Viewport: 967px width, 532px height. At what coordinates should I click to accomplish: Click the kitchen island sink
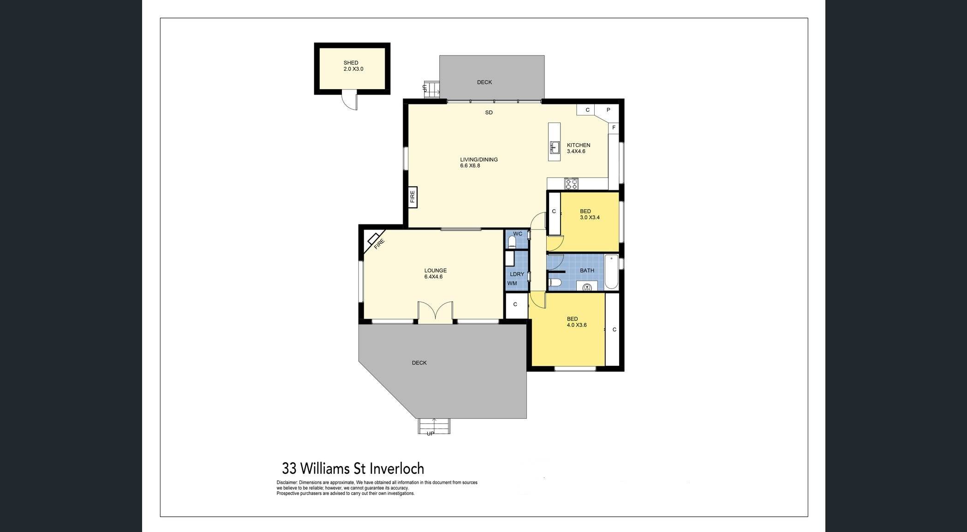[554, 147]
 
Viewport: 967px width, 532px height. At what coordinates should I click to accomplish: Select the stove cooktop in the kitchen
[571, 184]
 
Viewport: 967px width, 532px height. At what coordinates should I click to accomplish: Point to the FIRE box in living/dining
[412, 197]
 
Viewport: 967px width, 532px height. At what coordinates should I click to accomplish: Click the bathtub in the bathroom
[611, 272]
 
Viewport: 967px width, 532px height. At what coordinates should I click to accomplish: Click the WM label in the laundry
[512, 284]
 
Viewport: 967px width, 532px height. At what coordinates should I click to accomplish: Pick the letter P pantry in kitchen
[609, 110]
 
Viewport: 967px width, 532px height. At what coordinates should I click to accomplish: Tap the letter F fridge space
[614, 127]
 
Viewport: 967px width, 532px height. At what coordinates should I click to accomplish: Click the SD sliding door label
[489, 113]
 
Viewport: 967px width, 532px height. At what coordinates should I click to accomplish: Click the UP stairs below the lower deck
[433, 427]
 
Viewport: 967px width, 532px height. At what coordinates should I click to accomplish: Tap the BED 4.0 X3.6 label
[576, 322]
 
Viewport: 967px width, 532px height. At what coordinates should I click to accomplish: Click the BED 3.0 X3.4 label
[589, 214]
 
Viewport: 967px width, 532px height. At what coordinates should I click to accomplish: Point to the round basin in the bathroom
[587, 287]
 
